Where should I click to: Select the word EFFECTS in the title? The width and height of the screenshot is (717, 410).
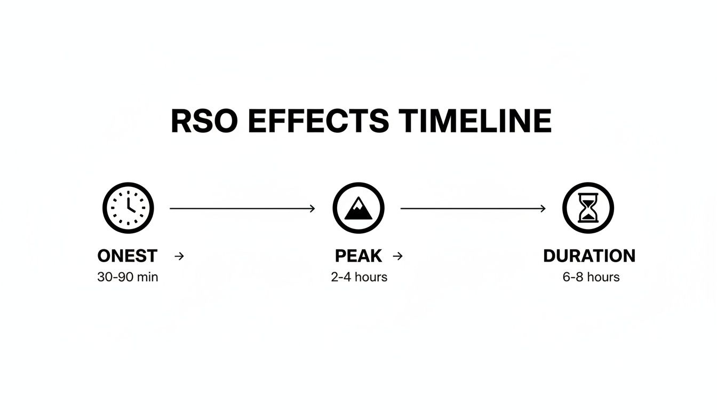tap(318, 121)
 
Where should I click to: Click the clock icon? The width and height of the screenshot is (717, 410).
tap(128, 208)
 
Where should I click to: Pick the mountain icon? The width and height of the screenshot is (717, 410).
tap(358, 208)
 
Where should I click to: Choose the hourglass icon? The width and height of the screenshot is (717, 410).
tap(588, 208)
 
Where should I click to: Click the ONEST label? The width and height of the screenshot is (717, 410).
tap(128, 256)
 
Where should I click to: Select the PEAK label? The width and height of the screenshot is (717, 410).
tap(358, 256)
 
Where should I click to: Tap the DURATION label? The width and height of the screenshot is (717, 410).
tap(589, 256)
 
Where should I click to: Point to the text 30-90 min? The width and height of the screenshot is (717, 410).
tap(128, 278)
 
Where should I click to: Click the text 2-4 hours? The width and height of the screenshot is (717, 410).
tap(359, 278)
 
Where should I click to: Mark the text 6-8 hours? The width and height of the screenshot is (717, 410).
tap(591, 278)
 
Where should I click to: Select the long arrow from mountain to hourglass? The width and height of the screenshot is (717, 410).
tap(472, 208)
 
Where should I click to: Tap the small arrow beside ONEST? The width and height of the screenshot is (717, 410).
tap(179, 256)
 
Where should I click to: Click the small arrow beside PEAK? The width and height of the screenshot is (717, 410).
tap(397, 256)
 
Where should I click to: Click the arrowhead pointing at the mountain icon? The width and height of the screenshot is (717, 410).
tap(313, 208)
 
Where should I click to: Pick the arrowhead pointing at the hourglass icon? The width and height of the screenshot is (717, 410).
tap(543, 208)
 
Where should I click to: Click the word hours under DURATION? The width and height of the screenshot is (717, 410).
tap(603, 278)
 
